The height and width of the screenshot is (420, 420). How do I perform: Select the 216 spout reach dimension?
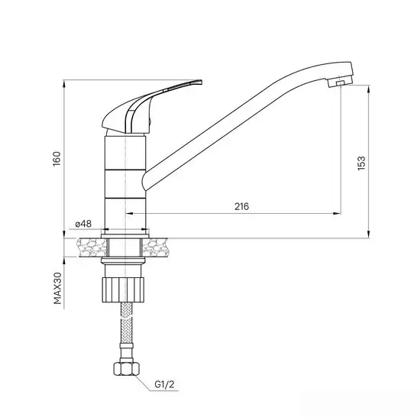242,206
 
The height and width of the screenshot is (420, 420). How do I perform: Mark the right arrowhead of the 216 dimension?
334,213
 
